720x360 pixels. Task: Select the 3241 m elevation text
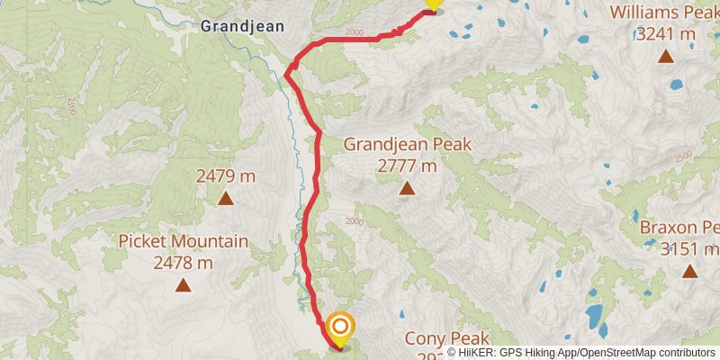click(665, 34)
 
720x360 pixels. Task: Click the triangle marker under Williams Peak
click(665, 57)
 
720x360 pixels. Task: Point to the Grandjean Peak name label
click(407, 144)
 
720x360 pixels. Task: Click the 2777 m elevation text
click(407, 166)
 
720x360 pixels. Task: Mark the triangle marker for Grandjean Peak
click(407, 188)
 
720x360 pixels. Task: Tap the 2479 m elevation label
click(226, 176)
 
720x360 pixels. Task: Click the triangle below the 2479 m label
click(226, 199)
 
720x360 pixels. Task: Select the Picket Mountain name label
click(184, 241)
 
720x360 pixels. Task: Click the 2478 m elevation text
click(184, 263)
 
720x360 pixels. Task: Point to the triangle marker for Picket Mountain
click(184, 286)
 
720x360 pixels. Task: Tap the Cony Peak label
click(445, 338)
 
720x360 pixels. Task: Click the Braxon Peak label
click(679, 227)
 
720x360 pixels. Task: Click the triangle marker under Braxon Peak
click(689, 271)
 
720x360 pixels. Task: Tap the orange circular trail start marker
click(341, 326)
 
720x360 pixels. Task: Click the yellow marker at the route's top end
click(433, 4)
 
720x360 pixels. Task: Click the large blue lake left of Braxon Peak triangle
click(594, 315)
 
